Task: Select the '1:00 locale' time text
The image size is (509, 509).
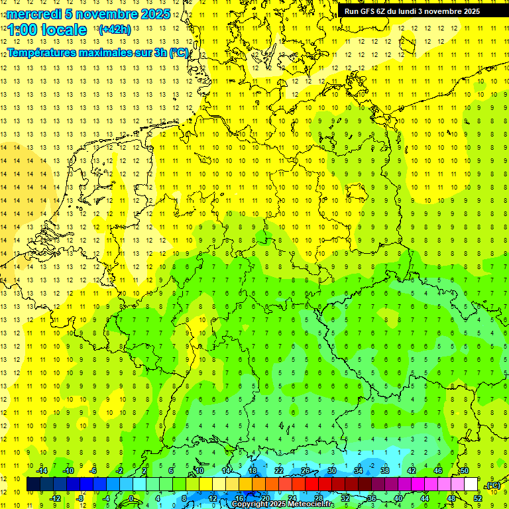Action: (x=47, y=30)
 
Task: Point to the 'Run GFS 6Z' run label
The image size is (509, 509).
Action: (x=365, y=11)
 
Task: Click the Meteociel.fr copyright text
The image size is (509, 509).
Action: (x=282, y=504)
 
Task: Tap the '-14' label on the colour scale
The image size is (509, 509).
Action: (x=42, y=470)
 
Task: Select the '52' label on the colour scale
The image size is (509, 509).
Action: (x=478, y=498)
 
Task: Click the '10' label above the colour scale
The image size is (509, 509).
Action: (x=199, y=470)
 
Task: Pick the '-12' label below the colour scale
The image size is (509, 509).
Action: (x=55, y=498)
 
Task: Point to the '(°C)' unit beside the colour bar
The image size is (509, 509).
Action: (x=492, y=485)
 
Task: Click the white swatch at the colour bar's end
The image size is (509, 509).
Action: (x=471, y=484)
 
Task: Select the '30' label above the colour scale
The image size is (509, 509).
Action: (x=331, y=470)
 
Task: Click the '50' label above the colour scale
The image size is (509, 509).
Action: (x=464, y=470)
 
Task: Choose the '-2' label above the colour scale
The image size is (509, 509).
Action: (x=120, y=470)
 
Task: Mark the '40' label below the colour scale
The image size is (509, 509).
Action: (x=398, y=498)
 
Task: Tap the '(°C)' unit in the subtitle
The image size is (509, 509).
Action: (x=179, y=52)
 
